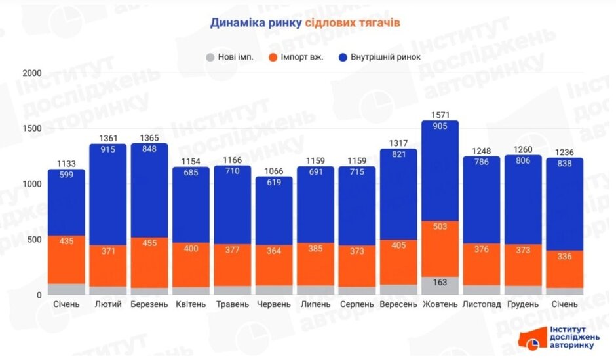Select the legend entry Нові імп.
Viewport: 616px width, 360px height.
point(231,56)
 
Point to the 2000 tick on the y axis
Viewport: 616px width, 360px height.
point(31,73)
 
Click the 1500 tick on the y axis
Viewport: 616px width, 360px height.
point(31,128)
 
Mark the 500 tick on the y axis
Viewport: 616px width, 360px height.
point(34,240)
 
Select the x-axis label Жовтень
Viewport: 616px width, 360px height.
point(440,304)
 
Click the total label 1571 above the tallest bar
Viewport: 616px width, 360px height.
point(440,115)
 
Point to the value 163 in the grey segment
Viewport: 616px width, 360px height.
point(440,283)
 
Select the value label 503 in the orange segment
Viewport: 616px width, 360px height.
point(440,227)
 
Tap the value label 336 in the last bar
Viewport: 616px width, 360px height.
point(564,257)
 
